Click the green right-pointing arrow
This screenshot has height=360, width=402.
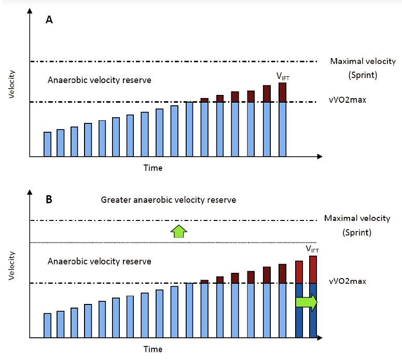[x=306, y=303]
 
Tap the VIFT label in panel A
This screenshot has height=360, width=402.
[x=283, y=76]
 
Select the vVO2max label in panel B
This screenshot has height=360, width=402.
[x=348, y=281]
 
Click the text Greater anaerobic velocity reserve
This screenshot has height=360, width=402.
[x=169, y=200]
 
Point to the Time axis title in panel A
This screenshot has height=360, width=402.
[x=153, y=168]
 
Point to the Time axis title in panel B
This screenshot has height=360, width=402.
[x=153, y=348]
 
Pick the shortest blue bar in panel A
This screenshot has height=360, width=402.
[x=47, y=144]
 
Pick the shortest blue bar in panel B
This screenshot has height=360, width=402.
[x=47, y=325]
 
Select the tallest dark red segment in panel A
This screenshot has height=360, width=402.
[x=282, y=92]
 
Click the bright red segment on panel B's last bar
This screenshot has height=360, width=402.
[x=313, y=269]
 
